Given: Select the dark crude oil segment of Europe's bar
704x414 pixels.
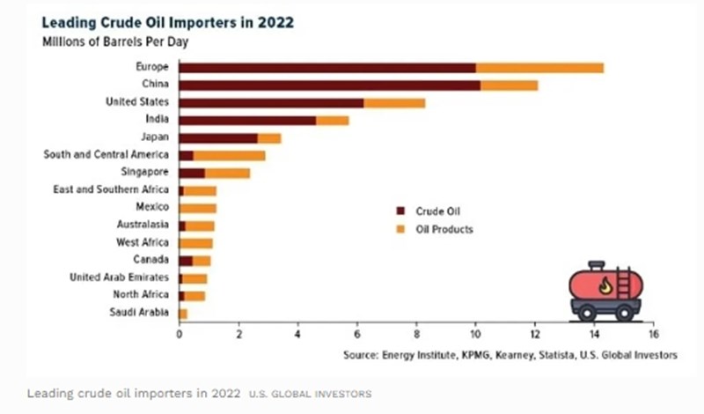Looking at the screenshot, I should click(x=326, y=68).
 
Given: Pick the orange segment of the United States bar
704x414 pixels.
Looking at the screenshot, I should click(x=394, y=103).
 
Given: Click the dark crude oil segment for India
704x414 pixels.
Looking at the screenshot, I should click(x=247, y=120).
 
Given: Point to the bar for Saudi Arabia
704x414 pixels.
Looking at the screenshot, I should click(x=183, y=313).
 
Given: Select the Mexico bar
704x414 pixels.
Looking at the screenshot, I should click(x=197, y=208).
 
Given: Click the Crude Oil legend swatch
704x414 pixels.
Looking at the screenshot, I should click(x=400, y=211).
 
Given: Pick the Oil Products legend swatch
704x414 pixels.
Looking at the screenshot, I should click(x=400, y=230).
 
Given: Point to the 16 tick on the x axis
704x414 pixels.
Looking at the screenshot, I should click(x=651, y=336).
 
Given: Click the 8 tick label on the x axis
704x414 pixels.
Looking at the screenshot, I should click(x=415, y=336).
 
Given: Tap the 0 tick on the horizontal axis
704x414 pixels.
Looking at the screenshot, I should click(x=179, y=336).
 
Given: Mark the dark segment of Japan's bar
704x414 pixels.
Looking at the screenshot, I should click(x=217, y=137).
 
